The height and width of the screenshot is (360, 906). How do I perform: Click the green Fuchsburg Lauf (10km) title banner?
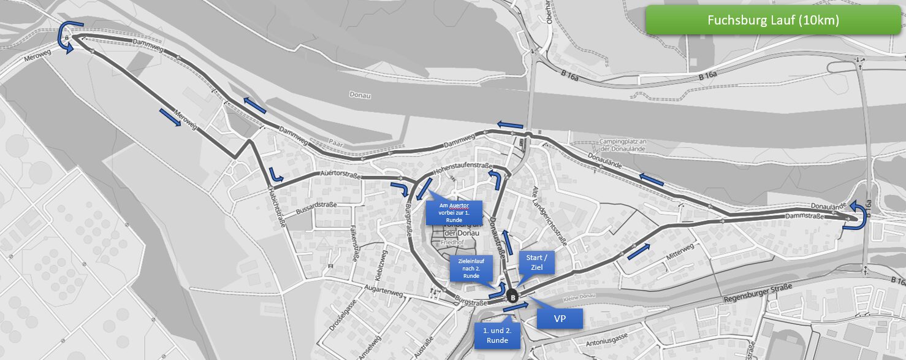pyautogui.click(x=773, y=20)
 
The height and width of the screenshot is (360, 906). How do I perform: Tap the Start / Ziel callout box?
pyautogui.click(x=537, y=262)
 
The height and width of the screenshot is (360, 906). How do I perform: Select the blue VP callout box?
pyautogui.click(x=559, y=319)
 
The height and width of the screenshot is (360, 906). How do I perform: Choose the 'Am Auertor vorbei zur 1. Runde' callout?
pyautogui.click(x=454, y=212)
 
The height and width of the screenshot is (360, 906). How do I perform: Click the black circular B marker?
pyautogui.click(x=513, y=297)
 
